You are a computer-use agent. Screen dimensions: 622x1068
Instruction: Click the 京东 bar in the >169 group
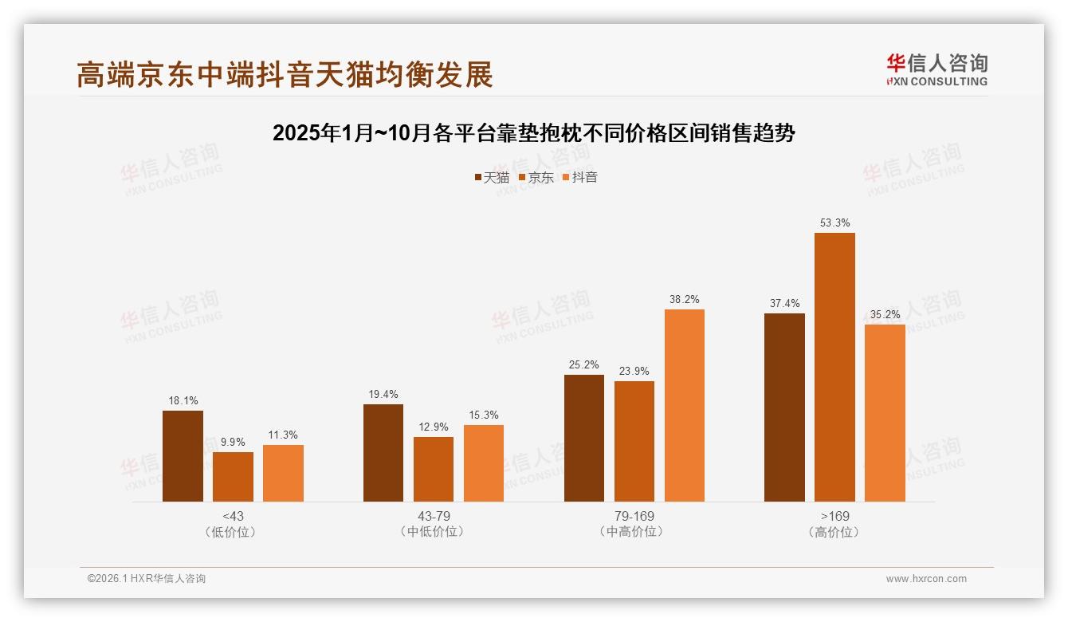coord(834,367)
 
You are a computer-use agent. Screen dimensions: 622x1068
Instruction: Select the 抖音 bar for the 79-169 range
coord(685,405)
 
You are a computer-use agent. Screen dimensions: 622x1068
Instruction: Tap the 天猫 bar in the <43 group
coord(183,456)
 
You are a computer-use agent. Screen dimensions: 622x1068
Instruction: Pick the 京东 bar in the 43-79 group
coord(434,469)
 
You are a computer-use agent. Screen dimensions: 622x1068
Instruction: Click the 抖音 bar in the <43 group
coord(283,473)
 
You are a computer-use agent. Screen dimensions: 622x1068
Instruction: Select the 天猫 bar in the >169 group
coord(784,407)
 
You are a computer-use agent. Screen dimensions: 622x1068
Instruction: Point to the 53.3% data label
coord(834,222)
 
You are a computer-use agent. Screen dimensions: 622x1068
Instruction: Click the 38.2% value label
coord(685,299)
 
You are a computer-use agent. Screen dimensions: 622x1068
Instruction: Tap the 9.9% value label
coord(233,442)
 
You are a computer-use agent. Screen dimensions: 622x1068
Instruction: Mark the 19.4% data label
coord(383,394)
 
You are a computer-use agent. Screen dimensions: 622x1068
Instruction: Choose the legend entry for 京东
coord(536,177)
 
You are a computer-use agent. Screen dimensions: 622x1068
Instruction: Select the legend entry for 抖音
coord(580,177)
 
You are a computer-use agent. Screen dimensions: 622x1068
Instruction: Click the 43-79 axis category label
coord(434,516)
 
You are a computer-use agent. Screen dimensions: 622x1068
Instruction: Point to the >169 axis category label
coord(834,516)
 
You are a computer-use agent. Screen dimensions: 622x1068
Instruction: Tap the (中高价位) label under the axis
coord(634,532)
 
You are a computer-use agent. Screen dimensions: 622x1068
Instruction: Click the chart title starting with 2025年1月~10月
coord(534,133)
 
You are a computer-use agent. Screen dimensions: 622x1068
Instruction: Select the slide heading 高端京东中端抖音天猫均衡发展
coord(285,74)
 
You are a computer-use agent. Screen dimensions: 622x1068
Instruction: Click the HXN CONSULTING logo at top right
coord(936,69)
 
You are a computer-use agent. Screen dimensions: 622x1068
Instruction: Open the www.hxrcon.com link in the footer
coord(926,579)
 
